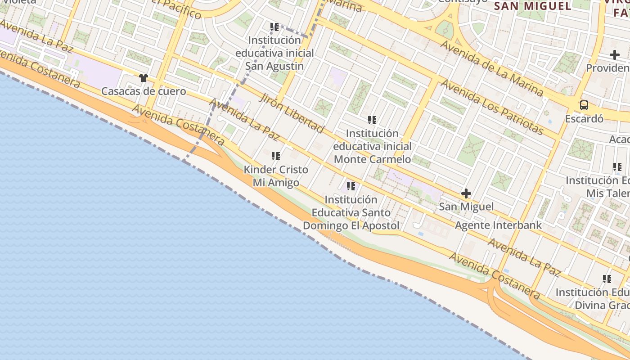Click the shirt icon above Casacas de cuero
point(144,78)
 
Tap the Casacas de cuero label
point(144,91)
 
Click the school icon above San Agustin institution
point(274,27)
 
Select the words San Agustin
point(274,66)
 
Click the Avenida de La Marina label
point(491,68)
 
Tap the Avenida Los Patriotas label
point(492,107)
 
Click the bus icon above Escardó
point(584,105)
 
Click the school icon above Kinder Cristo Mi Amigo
point(276,156)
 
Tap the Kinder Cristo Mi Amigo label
point(276,176)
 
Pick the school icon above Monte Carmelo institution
point(372,120)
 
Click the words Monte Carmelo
point(373,159)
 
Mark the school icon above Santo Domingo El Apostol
point(351,186)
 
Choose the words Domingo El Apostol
point(351,225)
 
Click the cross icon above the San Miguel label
point(466,194)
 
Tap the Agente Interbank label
point(498,225)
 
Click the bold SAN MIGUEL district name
point(533,6)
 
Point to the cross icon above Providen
point(615,55)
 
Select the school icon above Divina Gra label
point(607,279)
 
